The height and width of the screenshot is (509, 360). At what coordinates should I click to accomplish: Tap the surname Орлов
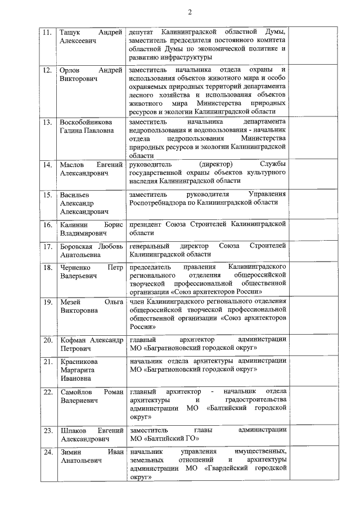click(70, 70)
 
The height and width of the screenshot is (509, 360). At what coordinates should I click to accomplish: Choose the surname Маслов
click(71, 164)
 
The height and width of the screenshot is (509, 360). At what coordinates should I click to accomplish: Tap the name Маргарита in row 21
click(78, 371)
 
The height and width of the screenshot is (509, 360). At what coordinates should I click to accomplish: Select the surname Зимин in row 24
click(70, 452)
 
